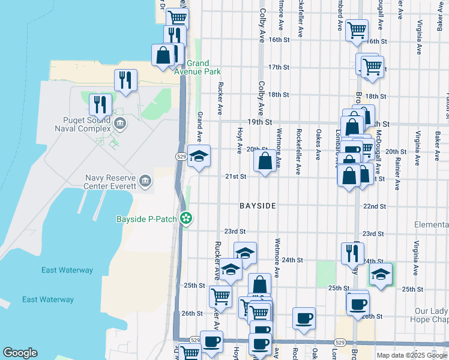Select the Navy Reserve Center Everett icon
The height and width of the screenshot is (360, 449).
tap(145, 181)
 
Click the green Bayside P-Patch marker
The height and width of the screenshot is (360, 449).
tap(187, 219)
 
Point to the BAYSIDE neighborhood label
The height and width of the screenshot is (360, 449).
tap(258, 206)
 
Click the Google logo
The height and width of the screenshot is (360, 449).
tap(20, 353)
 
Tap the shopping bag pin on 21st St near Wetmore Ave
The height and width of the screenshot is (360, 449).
tap(265, 161)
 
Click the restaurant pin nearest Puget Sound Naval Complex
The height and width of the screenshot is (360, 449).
tap(100, 105)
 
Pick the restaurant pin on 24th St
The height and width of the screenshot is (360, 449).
tap(352, 253)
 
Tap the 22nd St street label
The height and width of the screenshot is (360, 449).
tap(374, 206)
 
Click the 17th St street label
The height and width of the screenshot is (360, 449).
tap(279, 67)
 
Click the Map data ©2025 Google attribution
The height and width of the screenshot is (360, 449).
tap(412, 355)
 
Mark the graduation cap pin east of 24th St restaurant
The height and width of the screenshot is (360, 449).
tap(381, 274)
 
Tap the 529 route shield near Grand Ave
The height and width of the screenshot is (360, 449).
tap(181, 156)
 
